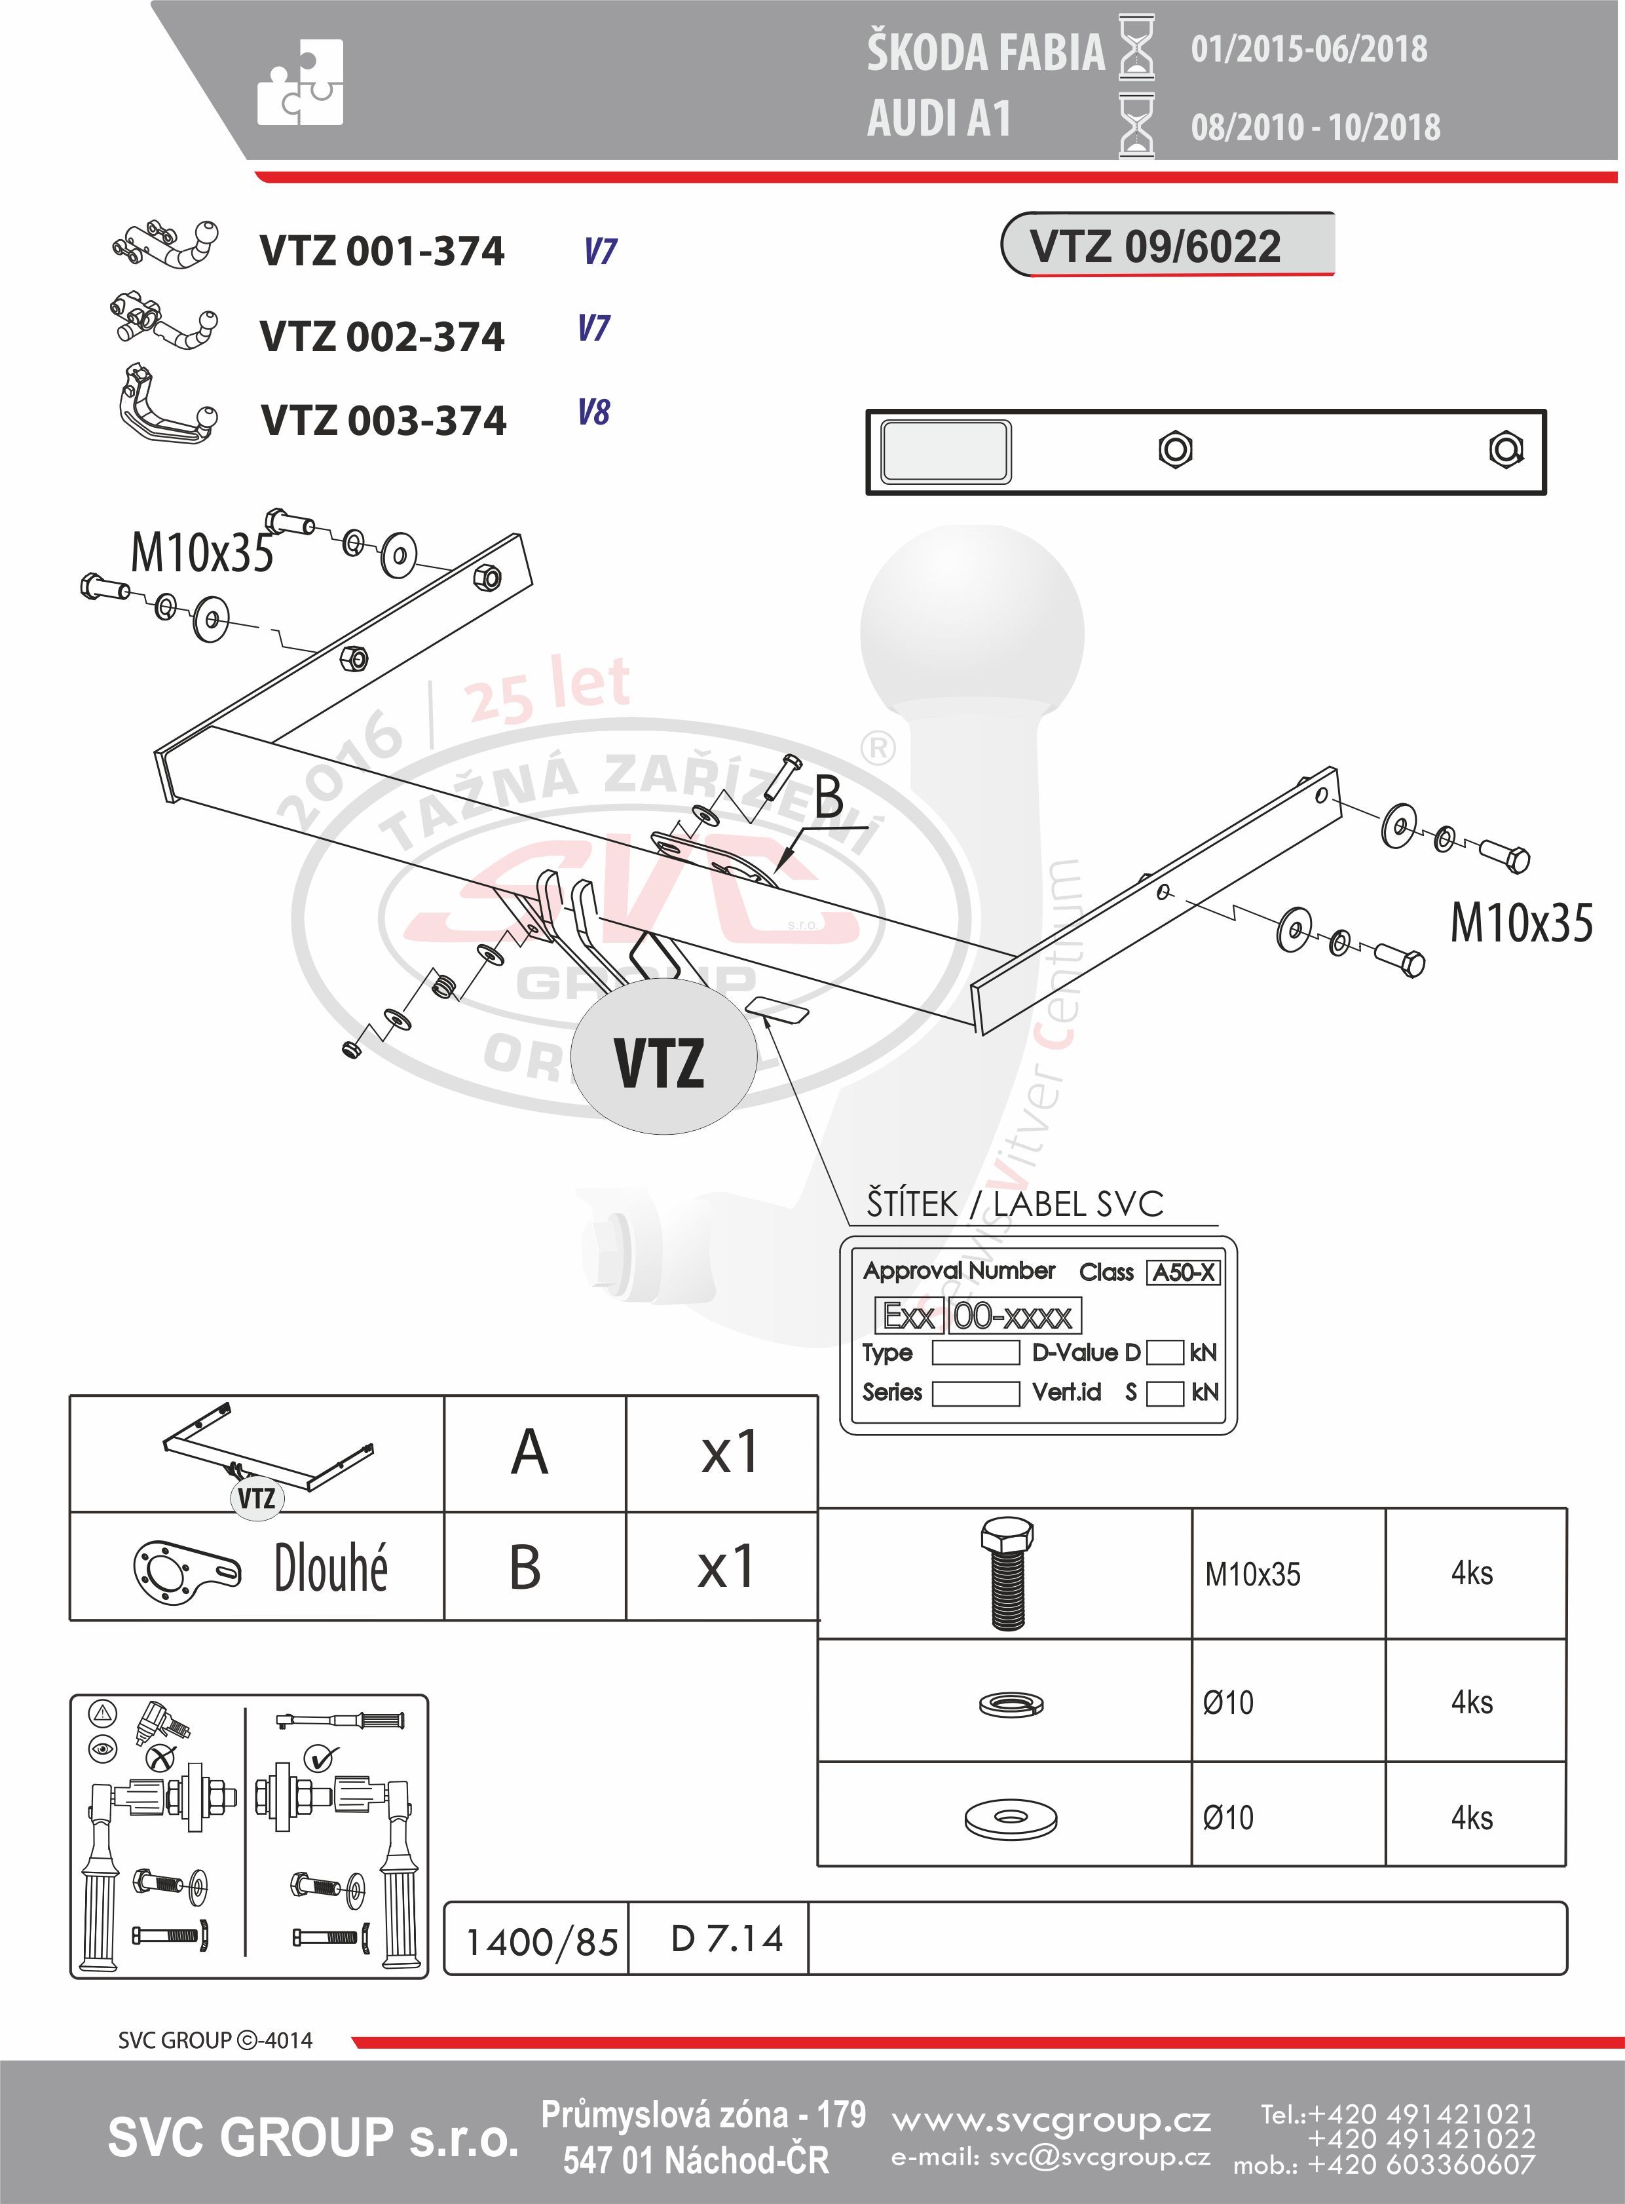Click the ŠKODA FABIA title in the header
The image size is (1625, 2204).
pos(986,53)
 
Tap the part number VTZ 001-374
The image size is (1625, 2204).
pos(382,251)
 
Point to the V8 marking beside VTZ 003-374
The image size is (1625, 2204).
pos(594,411)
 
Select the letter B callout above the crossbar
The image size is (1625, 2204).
pos(829,796)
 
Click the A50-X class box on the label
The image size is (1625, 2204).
pos(1184,1272)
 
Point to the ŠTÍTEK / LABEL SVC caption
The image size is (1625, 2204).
pos(1014,1204)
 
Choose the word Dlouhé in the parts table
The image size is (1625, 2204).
pos(331,1567)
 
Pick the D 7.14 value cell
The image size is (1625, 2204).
pos(727,1939)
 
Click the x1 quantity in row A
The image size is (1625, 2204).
pos(729,1453)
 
